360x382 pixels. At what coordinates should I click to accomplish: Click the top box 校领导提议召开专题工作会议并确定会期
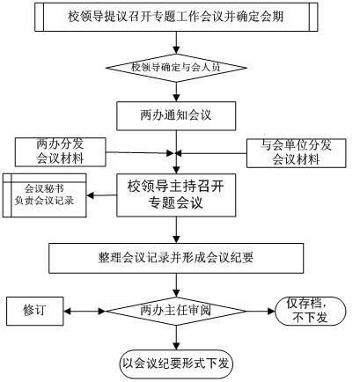pyautogui.click(x=176, y=17)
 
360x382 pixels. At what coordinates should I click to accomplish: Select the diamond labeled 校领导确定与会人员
pyautogui.click(x=176, y=68)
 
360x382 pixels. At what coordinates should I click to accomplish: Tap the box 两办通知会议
pyautogui.click(x=176, y=116)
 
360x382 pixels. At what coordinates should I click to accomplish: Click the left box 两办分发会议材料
pyautogui.click(x=61, y=152)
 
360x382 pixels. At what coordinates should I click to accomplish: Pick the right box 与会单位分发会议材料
pyautogui.click(x=297, y=153)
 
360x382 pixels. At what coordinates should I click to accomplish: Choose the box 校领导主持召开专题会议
pyautogui.click(x=176, y=195)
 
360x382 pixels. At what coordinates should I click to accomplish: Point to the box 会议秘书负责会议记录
pyautogui.click(x=45, y=195)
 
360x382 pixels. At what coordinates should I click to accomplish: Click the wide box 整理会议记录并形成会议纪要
pyautogui.click(x=176, y=259)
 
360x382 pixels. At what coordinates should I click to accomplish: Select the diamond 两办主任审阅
pyautogui.click(x=176, y=311)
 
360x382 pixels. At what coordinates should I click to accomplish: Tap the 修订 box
pyautogui.click(x=35, y=311)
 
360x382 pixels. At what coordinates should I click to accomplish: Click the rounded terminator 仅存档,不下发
pyautogui.click(x=311, y=311)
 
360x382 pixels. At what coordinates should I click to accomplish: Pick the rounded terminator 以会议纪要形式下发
pyautogui.click(x=176, y=364)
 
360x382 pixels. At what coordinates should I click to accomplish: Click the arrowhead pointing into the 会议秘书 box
pyautogui.click(x=90, y=195)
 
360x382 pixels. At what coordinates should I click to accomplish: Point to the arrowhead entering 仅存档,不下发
pyautogui.click(x=272, y=311)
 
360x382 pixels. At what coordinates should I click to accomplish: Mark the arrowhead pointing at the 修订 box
pyautogui.click(x=67, y=311)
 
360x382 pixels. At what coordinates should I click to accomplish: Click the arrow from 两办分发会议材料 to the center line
pyautogui.click(x=140, y=152)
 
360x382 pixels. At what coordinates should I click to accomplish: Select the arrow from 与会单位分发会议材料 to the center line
pyautogui.click(x=212, y=153)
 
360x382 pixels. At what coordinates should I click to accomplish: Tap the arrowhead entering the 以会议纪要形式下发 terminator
pyautogui.click(x=176, y=347)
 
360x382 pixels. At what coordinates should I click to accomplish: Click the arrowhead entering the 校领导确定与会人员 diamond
pyautogui.click(x=176, y=50)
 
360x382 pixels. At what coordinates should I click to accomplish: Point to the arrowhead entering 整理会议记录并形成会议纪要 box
pyautogui.click(x=176, y=239)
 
